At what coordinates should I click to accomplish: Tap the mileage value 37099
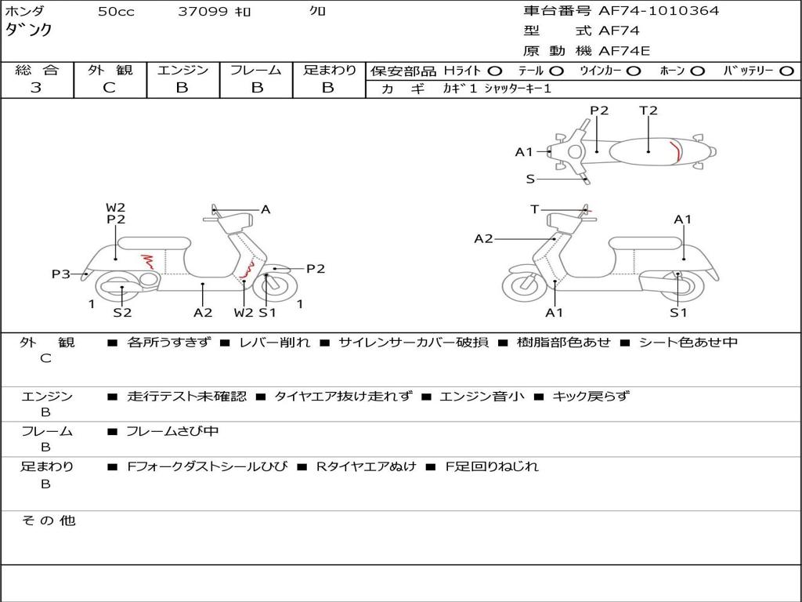[x=203, y=12]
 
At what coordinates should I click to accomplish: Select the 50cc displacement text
[x=116, y=12]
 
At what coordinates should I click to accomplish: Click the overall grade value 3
[x=36, y=88]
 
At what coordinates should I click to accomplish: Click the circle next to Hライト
[x=496, y=71]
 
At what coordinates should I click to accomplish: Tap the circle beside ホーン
[x=698, y=71]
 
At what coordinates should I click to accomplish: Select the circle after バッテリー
[x=786, y=71]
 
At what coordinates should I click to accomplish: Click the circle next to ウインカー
[x=634, y=71]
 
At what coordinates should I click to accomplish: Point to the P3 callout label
[x=61, y=274]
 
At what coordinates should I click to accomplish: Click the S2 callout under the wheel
[x=122, y=313]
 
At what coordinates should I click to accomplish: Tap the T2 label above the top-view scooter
[x=648, y=111]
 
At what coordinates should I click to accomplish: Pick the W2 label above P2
[x=116, y=208]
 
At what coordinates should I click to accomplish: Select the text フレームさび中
[x=173, y=431]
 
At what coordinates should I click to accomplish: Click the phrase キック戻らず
[x=591, y=396]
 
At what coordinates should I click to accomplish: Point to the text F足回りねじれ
[x=492, y=466]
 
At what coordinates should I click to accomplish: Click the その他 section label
[x=48, y=520]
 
